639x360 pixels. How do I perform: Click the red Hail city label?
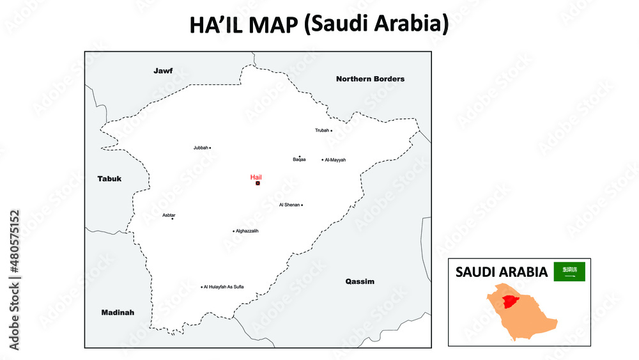coord(256,177)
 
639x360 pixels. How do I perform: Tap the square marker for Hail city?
coord(258,184)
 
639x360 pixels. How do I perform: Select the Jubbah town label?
coord(201,148)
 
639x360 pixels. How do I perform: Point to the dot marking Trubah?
coord(331,130)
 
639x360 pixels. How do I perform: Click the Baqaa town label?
coord(299,160)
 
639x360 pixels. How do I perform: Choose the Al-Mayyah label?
coord(335,160)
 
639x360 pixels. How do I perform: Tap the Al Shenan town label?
coord(289,205)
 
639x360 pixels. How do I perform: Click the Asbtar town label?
coord(169,215)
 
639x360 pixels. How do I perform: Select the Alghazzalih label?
coord(247,231)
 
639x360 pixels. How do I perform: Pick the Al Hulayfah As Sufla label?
coord(224,287)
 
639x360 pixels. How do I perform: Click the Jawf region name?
coord(163,70)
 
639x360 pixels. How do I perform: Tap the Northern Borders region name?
coord(370,79)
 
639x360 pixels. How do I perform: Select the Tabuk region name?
coord(109,178)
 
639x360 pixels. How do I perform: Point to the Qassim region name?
coord(360,281)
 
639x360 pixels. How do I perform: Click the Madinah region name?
coord(118,313)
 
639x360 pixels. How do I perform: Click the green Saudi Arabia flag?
coord(569,272)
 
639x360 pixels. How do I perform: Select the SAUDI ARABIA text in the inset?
coord(501,272)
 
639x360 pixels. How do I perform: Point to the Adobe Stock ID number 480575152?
coord(14,243)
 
